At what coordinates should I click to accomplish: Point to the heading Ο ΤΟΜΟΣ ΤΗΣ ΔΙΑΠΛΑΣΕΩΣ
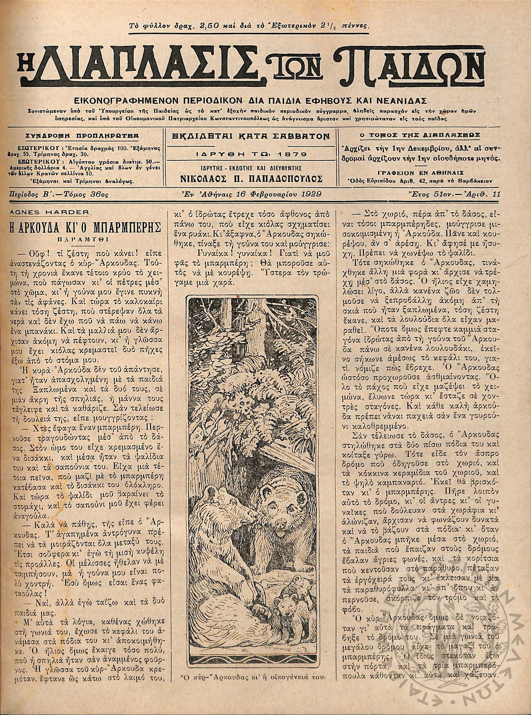tap(419, 136)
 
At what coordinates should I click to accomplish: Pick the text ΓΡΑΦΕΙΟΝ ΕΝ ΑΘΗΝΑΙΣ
tap(418, 171)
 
